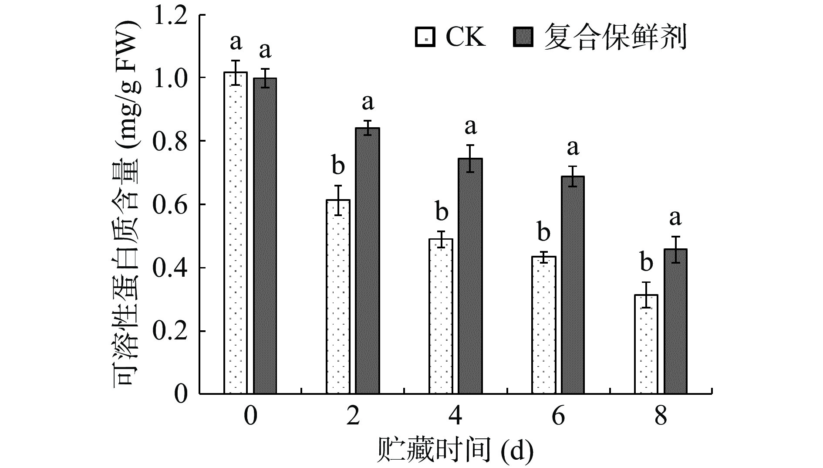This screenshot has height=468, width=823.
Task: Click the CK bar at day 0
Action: [x=236, y=233]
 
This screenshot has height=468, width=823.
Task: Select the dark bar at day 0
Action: [x=265, y=236]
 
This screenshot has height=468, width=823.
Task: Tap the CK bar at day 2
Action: [x=338, y=297]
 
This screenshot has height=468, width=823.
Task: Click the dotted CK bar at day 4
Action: [x=441, y=316]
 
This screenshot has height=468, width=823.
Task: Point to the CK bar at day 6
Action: [x=543, y=325]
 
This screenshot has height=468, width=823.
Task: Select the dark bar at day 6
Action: [x=573, y=285]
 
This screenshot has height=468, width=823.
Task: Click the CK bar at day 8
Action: [x=646, y=344]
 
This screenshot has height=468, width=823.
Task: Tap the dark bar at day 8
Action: [x=675, y=322]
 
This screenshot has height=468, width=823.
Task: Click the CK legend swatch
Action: [x=426, y=37]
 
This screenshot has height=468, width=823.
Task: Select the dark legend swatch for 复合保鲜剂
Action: [x=523, y=37]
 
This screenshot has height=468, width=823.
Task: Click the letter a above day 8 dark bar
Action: [x=675, y=217]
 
